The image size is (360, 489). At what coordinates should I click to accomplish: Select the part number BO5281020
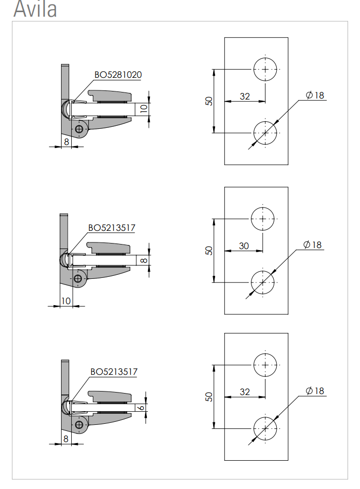tap(118, 75)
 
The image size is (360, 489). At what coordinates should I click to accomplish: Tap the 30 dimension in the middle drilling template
tap(244, 246)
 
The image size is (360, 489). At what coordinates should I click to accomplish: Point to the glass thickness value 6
tap(141, 407)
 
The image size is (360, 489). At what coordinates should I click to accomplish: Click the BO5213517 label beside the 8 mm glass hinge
tap(112, 228)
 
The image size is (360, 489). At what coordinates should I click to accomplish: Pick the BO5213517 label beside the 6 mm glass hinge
tap(114, 372)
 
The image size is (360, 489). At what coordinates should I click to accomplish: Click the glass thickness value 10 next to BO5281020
tap(143, 109)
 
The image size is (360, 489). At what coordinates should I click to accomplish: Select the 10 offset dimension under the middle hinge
tap(66, 301)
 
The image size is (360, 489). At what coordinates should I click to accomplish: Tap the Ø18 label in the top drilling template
tap(315, 95)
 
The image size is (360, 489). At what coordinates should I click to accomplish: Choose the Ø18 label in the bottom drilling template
tap(315, 391)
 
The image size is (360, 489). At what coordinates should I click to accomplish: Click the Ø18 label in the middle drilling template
tap(313, 245)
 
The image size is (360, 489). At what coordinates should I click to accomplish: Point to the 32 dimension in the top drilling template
tap(245, 96)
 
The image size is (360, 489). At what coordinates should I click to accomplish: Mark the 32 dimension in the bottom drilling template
tap(245, 392)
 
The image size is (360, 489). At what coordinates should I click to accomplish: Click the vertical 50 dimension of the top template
tap(209, 101)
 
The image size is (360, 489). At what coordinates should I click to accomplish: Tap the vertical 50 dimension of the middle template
tap(209, 251)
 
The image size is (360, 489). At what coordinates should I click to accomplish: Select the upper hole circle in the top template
tap(265, 69)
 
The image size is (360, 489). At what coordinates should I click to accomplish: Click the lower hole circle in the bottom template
tap(265, 428)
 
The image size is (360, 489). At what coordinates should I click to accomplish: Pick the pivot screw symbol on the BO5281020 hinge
tap(79, 129)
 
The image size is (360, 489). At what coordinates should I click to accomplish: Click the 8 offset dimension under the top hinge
tap(66, 142)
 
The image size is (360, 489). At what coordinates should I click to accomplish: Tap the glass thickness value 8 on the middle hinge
tap(144, 260)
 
